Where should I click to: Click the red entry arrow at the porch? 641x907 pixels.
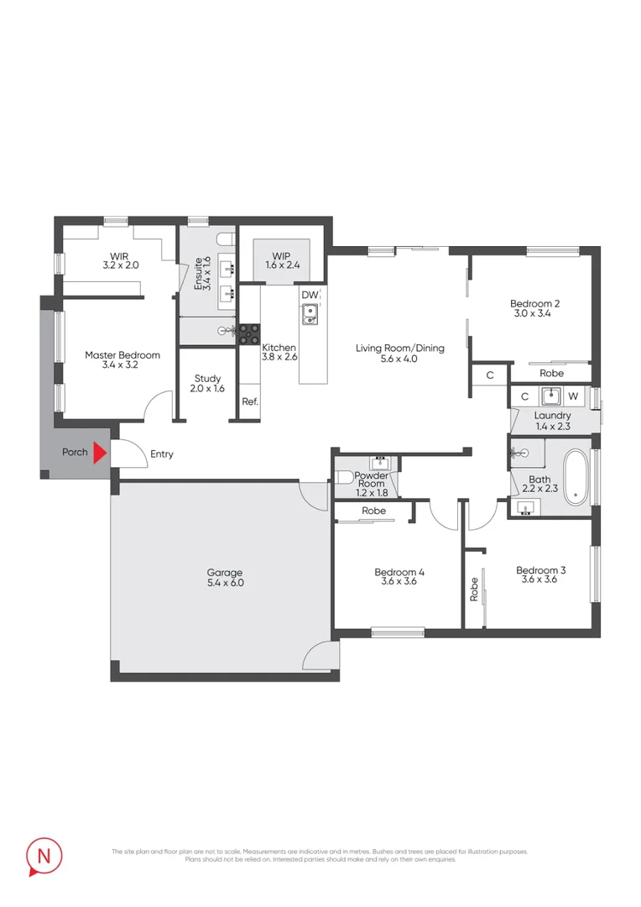coord(100,453)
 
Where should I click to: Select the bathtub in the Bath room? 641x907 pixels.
coord(576,477)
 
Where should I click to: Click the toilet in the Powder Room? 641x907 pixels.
coord(343,478)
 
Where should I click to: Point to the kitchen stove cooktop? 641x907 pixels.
coord(249,334)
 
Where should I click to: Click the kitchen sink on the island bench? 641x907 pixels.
coord(310,314)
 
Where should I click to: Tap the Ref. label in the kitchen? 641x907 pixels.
coord(250,401)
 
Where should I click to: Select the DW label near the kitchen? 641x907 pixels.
coord(310,295)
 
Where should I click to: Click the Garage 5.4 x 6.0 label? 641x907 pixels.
coord(225,577)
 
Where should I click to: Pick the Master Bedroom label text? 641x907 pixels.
coord(122,360)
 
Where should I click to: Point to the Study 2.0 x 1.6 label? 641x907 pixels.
coord(207,384)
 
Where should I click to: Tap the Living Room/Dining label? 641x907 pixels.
coord(399,353)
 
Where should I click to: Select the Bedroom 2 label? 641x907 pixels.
coord(534,309)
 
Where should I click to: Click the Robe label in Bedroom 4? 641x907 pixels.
coord(373,511)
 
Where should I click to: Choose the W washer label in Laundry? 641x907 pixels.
coord(573,396)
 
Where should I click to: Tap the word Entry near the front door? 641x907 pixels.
coord(162,454)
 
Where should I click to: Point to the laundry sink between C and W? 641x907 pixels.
coord(550,396)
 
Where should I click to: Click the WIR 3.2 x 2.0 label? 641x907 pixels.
coord(119,260)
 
